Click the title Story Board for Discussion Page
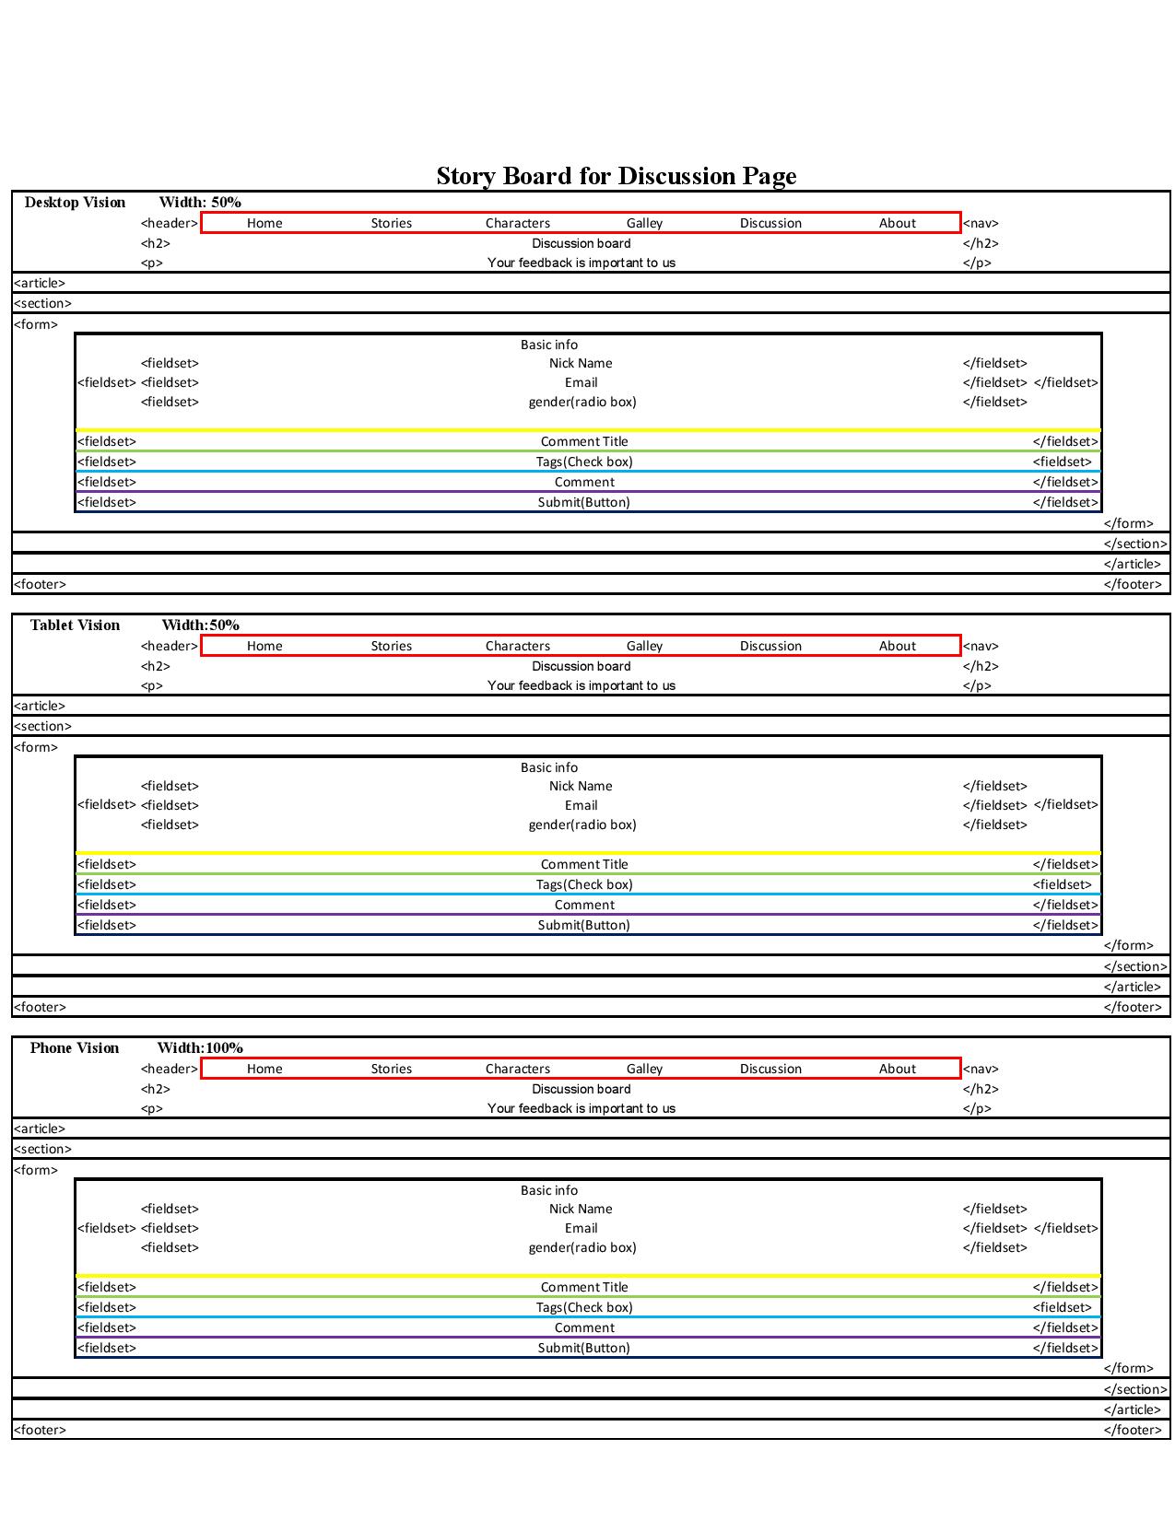point(616,175)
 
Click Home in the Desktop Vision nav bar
point(264,223)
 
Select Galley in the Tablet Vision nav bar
point(644,646)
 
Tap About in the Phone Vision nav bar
point(897,1069)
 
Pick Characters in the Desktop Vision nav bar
point(517,223)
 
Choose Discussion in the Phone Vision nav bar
point(770,1069)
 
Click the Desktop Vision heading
point(75,202)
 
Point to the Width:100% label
point(200,1047)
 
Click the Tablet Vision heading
point(75,625)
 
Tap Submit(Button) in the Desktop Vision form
point(583,502)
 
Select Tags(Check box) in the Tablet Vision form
point(583,884)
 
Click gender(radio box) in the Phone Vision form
point(582,1247)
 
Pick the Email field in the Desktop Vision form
point(581,382)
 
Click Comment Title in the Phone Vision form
point(583,1287)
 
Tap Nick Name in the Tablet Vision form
point(581,786)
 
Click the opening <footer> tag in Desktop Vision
point(40,584)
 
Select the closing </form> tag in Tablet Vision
point(1128,945)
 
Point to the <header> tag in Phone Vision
point(170,1069)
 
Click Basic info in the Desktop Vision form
point(548,345)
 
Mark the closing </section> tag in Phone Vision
point(1135,1389)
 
